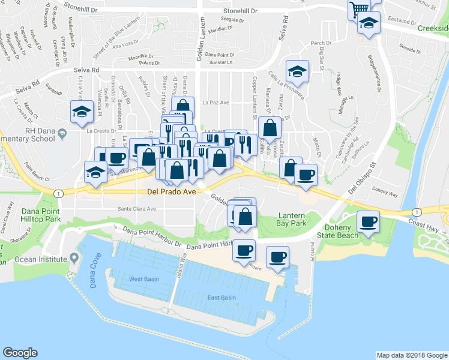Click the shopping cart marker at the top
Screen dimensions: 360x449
359,8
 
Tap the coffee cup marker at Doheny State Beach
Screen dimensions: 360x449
367,222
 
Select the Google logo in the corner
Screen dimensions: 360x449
20,352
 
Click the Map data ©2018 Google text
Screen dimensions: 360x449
412,355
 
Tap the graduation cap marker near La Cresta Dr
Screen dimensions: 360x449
81,112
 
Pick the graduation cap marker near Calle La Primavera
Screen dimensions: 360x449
297,71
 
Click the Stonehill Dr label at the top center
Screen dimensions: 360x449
240,11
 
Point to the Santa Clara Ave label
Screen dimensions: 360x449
136,209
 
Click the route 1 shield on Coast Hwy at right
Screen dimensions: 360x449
416,212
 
